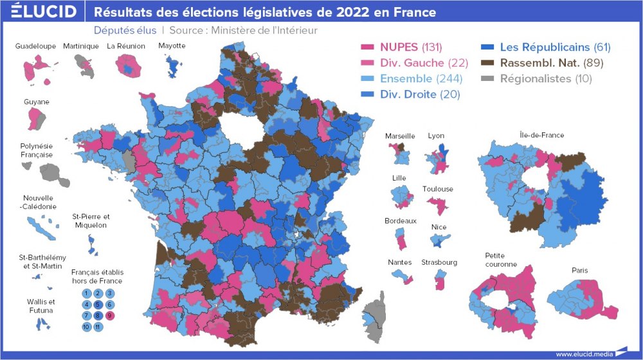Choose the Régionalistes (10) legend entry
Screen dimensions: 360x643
point(538,78)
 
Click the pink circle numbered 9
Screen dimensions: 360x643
point(109,315)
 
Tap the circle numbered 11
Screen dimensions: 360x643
point(98,327)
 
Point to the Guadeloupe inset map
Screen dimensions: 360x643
point(37,67)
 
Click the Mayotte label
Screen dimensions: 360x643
point(172,46)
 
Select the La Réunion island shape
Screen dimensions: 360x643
point(128,65)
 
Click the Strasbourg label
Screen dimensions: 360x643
point(439,262)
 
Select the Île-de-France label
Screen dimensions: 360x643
point(541,135)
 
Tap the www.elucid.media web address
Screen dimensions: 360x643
point(583,353)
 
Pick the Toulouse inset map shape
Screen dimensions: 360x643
point(439,206)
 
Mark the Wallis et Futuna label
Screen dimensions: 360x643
point(41,306)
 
